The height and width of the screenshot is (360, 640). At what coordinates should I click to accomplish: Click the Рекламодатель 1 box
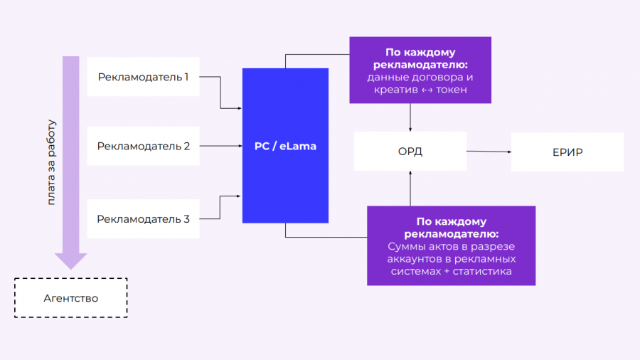[143, 76]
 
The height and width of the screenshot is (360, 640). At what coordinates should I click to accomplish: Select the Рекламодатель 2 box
[143, 146]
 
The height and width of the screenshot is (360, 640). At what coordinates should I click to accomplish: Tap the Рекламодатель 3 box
[143, 218]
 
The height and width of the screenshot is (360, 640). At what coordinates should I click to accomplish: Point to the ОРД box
[410, 151]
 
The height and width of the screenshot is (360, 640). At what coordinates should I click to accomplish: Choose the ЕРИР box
[567, 152]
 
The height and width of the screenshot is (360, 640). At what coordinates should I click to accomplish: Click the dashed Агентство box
[71, 297]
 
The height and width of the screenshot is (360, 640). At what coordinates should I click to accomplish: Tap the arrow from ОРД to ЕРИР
[489, 151]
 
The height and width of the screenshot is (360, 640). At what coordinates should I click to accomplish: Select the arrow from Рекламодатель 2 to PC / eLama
[220, 146]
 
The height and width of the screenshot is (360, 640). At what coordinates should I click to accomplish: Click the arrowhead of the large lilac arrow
[71, 260]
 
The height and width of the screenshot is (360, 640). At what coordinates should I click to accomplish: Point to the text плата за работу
[51, 162]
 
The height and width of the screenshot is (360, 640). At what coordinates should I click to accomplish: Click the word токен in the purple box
[452, 90]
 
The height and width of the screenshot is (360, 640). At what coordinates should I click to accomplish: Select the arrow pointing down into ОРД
[410, 117]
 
